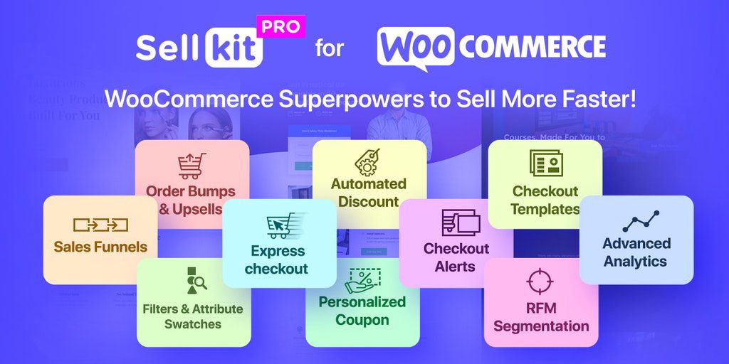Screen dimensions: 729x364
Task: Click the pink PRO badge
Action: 280,26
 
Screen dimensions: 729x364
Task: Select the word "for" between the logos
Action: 329,49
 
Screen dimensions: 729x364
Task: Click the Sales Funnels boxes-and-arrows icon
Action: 100,225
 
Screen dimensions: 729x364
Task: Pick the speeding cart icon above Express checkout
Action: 286,225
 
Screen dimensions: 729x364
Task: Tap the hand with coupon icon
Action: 362,280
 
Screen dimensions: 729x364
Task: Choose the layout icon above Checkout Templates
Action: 546,163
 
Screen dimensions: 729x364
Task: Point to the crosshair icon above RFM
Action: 540,282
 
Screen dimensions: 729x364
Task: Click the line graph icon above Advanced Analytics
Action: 641,222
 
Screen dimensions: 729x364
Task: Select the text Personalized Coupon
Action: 362,311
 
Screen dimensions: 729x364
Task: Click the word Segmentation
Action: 541,326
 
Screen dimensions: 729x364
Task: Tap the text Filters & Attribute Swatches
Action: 193,316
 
